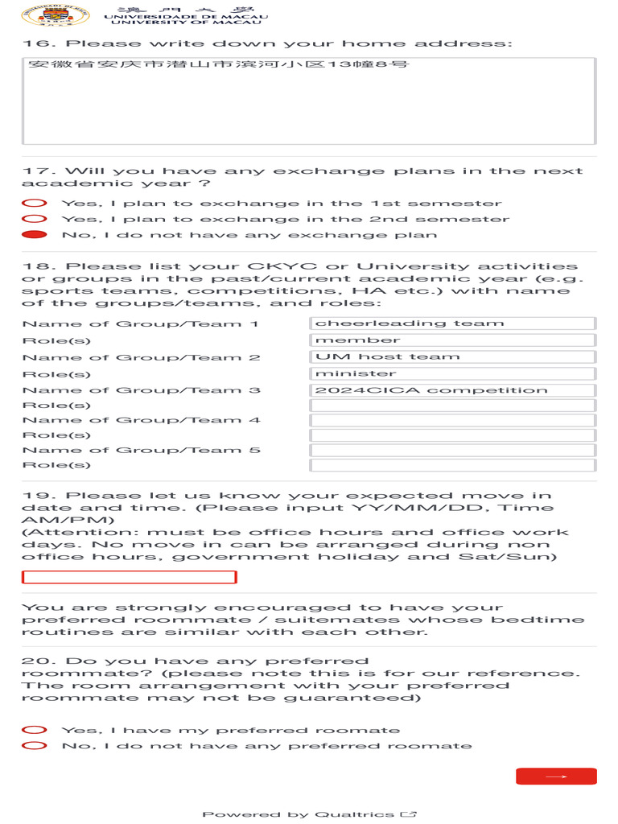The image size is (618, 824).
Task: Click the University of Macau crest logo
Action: (x=44, y=15)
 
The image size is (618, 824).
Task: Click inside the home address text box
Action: (x=309, y=101)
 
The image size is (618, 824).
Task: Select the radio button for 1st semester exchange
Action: (x=34, y=204)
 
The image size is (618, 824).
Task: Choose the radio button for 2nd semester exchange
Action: (x=34, y=219)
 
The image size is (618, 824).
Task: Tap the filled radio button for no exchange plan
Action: (x=34, y=235)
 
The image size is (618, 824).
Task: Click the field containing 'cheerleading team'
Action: (x=452, y=323)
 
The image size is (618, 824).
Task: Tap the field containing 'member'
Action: (x=452, y=340)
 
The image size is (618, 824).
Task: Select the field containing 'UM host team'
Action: (x=452, y=357)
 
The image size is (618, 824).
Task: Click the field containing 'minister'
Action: (x=452, y=374)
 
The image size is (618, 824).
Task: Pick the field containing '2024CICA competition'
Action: (x=452, y=391)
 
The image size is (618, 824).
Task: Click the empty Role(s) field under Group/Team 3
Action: (x=452, y=406)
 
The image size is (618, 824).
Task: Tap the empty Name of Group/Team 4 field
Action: (x=452, y=421)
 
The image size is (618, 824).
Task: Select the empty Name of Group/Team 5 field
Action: (x=452, y=451)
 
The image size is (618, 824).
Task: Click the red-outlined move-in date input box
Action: (x=129, y=577)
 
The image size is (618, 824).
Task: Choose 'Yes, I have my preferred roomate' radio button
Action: (x=34, y=730)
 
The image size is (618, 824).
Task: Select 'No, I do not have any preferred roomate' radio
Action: (x=34, y=746)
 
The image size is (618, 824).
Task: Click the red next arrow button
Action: (x=556, y=777)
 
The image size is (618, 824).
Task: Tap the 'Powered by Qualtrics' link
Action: (x=309, y=814)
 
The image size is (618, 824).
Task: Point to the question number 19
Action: (x=39, y=496)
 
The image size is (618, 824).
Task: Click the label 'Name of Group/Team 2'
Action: (x=141, y=357)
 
